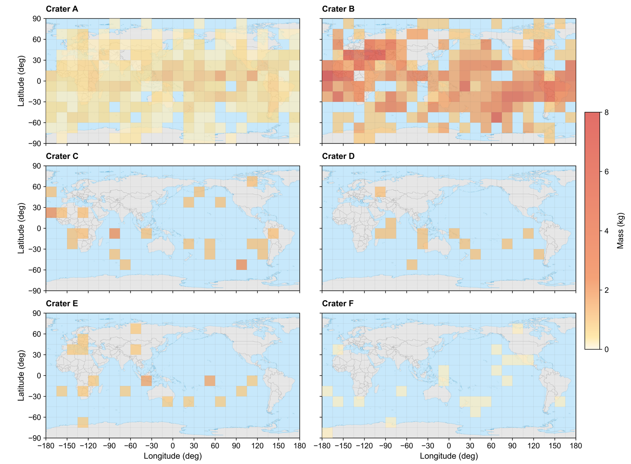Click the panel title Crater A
click(62, 9)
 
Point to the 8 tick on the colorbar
click(606, 112)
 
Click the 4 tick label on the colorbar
click(606, 231)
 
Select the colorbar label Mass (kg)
click(620, 231)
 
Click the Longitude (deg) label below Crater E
click(173, 456)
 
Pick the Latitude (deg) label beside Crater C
click(21, 228)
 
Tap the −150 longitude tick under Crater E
click(67, 446)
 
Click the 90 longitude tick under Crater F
click(512, 446)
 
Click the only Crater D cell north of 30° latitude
click(380, 192)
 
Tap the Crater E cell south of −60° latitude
click(83, 423)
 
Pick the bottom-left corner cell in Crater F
click(327, 433)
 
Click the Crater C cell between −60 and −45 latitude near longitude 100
click(242, 265)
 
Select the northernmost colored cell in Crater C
click(252, 181)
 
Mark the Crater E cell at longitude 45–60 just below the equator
click(210, 381)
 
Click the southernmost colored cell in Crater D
click(412, 265)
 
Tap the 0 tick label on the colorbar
click(606, 350)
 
